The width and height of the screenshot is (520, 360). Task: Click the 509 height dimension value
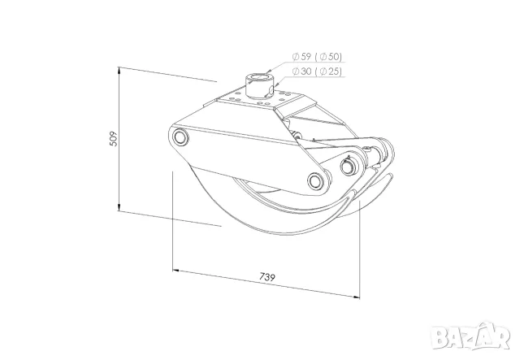(114, 139)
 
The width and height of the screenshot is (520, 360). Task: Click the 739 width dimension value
(267, 277)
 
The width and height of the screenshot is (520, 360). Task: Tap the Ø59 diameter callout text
(301, 57)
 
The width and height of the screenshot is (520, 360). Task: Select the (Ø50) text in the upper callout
(328, 57)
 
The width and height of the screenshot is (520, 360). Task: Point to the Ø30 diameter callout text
(301, 71)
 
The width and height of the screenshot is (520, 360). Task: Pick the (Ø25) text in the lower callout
(328, 72)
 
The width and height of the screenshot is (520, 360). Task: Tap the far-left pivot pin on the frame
(180, 137)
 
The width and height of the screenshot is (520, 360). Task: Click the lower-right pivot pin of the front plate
(316, 180)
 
